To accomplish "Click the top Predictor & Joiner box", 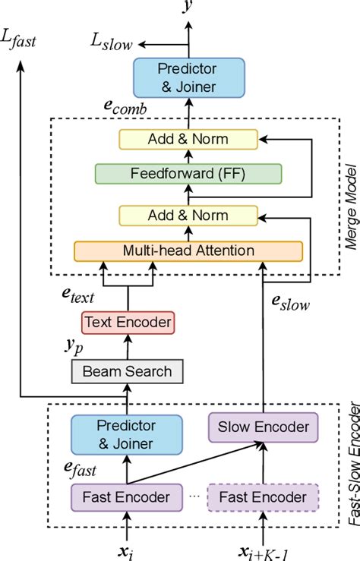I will [187, 76].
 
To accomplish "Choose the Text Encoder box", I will [128, 323].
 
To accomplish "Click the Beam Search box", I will [128, 372].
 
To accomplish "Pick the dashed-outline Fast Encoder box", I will [264, 497].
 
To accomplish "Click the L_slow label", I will [112, 45].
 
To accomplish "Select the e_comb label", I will [126, 109].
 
